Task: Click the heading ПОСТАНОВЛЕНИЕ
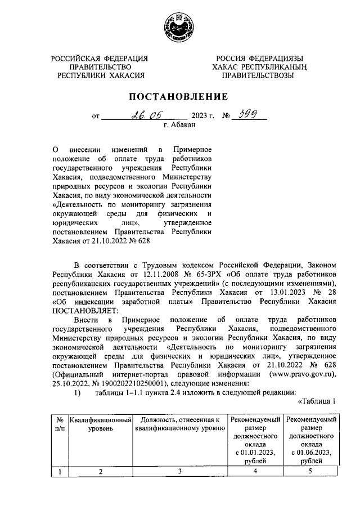[x=179, y=96]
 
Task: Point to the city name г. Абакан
[x=180, y=126]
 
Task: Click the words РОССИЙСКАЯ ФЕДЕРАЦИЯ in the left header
[x=100, y=59]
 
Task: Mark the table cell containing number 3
[x=179, y=472]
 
